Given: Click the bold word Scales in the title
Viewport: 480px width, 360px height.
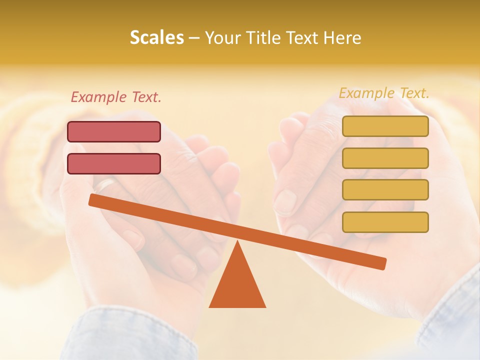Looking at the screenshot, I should pos(156,37).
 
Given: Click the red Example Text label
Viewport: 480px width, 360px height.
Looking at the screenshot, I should pos(116,97).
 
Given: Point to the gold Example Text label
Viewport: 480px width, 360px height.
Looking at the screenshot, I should pos(384,93).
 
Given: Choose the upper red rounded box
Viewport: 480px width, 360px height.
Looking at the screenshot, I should pos(114,131).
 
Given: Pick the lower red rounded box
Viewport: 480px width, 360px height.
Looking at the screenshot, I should pos(114,163).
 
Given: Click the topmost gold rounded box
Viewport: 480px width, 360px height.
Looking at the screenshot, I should pos(385,126).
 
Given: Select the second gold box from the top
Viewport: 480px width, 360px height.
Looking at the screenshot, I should pos(385,158).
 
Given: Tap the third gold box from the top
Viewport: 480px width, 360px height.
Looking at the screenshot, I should pos(385,189).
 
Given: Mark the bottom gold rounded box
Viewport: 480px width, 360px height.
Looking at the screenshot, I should pos(385,222).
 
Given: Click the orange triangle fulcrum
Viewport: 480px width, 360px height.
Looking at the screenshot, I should pos(237,285).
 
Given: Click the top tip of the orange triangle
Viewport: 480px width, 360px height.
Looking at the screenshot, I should pos(237,243).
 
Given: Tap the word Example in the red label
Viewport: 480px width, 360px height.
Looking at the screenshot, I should pos(98,97).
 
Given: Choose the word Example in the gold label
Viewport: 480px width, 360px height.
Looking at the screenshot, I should pos(366,93).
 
